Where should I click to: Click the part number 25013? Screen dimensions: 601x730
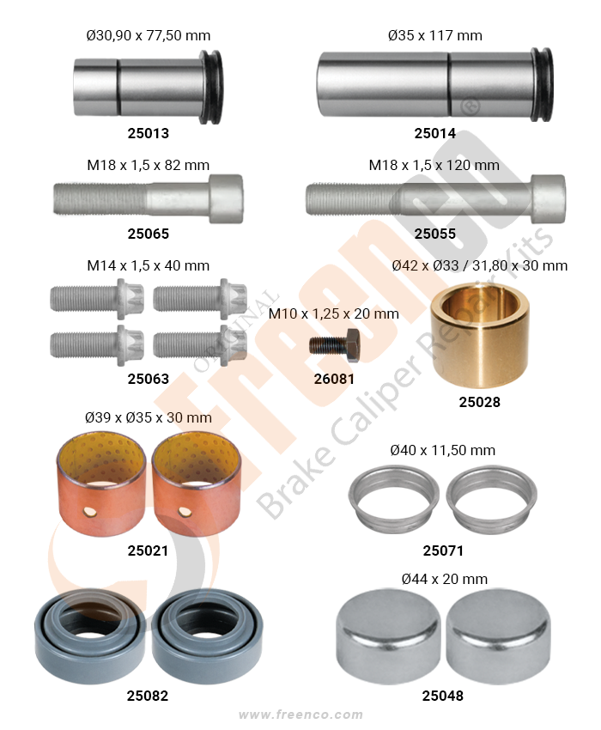[148, 133]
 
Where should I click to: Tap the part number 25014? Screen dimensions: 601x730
[434, 133]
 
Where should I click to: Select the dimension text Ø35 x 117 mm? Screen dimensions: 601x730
[434, 35]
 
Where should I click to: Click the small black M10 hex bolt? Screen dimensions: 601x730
[334, 345]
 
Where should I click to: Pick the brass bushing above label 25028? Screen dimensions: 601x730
[479, 334]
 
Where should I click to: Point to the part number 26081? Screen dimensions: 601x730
[334, 379]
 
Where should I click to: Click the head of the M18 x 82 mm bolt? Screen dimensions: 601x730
[226, 198]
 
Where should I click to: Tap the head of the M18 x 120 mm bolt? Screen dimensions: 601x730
[549, 198]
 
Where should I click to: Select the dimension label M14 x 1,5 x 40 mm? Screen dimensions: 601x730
[148, 266]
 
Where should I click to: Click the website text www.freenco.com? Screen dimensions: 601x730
[300, 715]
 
